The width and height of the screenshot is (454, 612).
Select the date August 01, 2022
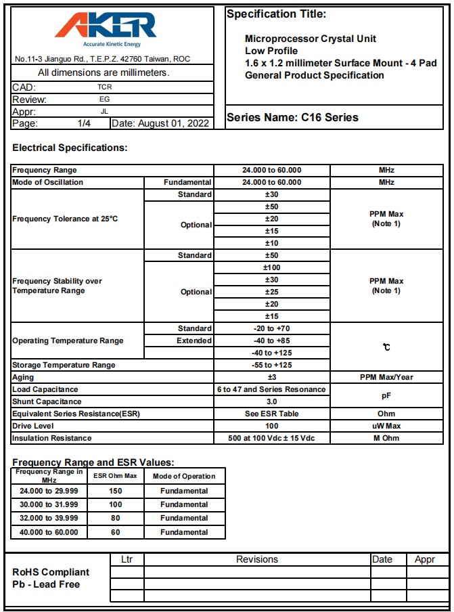160,123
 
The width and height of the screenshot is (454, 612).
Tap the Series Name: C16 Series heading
292,117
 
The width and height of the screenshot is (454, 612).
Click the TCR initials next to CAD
104,87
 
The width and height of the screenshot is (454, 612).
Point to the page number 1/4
84,123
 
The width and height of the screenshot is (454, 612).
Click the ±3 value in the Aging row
271,377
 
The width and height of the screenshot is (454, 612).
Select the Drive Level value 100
271,426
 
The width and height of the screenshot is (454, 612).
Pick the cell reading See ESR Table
271,414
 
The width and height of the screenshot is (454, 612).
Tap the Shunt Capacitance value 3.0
271,401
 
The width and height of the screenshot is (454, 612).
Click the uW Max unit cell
386,426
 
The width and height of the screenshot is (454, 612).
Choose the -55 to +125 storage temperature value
271,365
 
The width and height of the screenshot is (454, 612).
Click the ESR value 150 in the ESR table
115,491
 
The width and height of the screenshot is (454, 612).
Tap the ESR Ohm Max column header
115,476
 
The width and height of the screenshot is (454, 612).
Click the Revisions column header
257,559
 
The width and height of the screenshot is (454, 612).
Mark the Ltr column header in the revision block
127,559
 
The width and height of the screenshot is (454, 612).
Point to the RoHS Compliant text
51,572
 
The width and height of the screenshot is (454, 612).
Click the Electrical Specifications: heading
70,148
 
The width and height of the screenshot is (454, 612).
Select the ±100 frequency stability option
271,267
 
